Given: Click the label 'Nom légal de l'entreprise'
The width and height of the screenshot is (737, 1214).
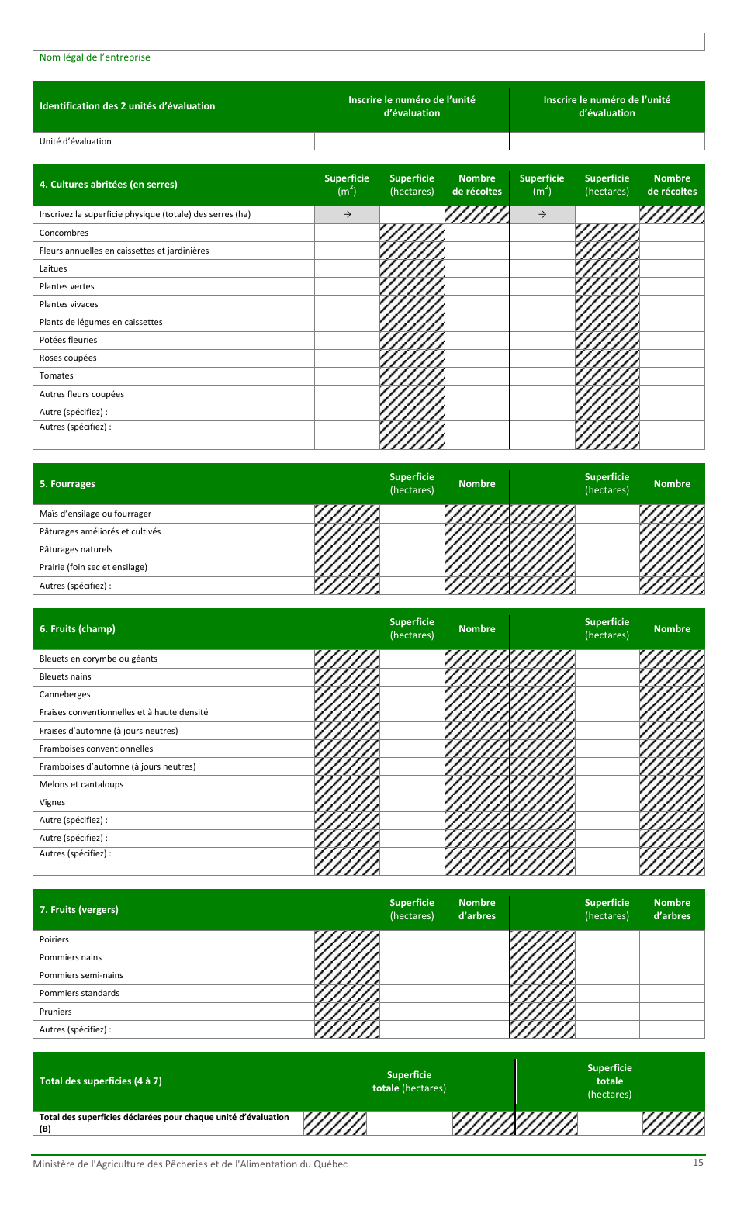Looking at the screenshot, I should (95, 57).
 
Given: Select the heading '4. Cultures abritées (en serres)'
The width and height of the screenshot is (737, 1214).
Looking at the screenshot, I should (108, 185).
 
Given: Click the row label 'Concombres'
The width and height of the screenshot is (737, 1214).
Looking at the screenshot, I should (64, 233).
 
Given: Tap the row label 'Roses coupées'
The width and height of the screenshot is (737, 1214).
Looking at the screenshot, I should (67, 358).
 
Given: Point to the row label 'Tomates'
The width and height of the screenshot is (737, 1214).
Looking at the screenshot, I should (56, 375).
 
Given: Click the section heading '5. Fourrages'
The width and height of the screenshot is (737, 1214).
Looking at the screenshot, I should (67, 484).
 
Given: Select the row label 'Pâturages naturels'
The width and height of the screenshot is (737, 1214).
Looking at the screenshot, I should (76, 549).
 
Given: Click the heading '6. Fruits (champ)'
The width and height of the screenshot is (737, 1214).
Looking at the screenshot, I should (77, 629).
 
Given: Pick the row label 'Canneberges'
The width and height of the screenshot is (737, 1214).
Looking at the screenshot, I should (64, 694).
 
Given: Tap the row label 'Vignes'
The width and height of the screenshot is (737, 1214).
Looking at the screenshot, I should (52, 802).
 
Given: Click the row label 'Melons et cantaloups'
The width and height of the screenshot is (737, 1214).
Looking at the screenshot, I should (81, 784).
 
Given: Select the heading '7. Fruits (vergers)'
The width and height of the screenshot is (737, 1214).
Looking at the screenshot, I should (78, 910).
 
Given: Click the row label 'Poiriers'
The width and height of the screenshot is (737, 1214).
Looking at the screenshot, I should (54, 939).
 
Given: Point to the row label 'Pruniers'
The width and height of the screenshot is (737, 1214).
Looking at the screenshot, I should (55, 1012).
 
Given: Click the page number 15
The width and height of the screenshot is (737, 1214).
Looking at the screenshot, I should (698, 1162).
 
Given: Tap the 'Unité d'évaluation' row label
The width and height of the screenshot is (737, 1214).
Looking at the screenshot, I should (75, 141).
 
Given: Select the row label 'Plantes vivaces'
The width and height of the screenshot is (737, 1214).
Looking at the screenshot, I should (68, 304).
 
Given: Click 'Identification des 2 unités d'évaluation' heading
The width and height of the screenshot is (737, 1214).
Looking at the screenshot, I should (127, 106).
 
